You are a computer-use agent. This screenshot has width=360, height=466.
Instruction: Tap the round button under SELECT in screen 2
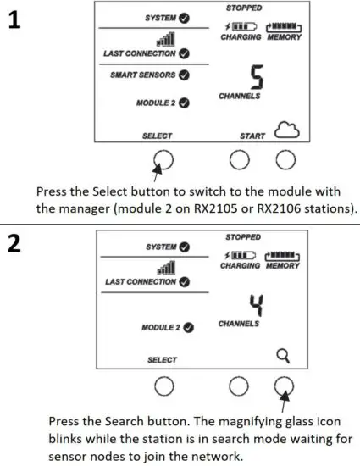(163, 386)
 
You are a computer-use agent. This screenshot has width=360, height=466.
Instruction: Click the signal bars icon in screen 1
(166, 40)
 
